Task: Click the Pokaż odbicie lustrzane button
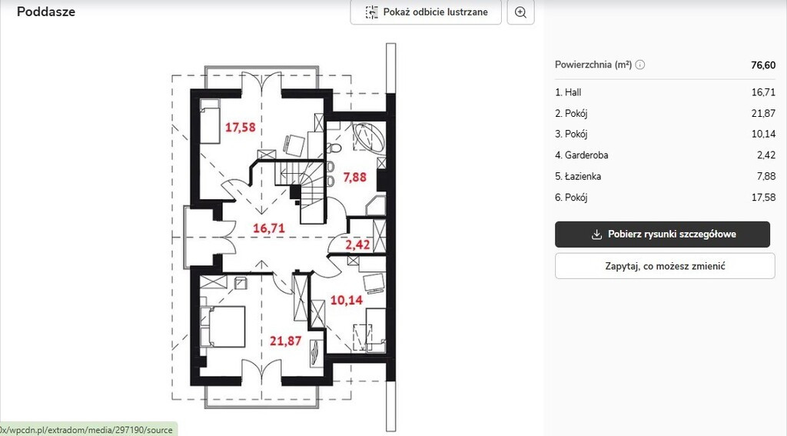426,12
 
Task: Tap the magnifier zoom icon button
520,12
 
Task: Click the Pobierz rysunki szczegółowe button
662,234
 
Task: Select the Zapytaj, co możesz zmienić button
665,266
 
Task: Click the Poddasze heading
46,12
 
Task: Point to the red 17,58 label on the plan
240,127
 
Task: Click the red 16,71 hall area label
268,228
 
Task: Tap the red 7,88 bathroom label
354,177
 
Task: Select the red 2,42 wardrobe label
357,245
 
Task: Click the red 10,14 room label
347,300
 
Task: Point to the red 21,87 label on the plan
286,341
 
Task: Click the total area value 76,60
763,65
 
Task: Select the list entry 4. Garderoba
581,155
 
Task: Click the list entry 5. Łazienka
578,176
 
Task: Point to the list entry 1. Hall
568,92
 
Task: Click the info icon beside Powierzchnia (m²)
640,65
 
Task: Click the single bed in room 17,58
211,121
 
